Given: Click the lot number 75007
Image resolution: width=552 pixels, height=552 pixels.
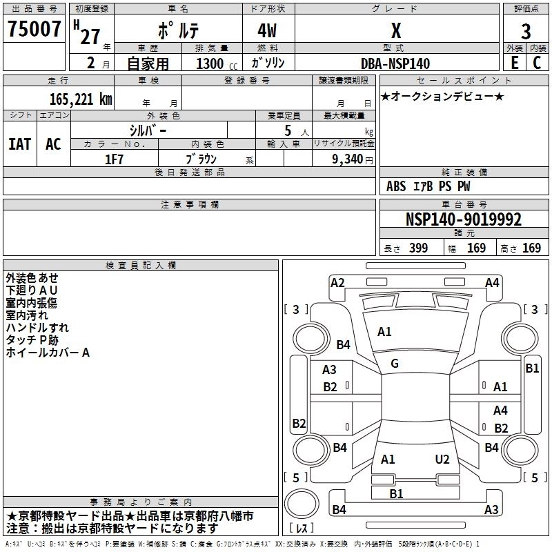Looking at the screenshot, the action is tap(34, 29).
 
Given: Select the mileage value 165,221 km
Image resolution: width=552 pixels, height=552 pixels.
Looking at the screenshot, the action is tap(81, 99).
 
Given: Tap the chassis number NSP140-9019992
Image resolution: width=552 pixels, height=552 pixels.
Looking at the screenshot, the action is tap(464, 219).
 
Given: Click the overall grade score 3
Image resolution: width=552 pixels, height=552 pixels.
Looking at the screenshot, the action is tap(526, 32).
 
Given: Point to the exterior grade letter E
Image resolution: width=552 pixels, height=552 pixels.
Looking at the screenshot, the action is tap(515, 63).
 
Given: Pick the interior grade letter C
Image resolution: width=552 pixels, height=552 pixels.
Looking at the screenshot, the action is tap(537, 63).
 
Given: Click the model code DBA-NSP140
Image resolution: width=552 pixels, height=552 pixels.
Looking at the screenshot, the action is tap(395, 63).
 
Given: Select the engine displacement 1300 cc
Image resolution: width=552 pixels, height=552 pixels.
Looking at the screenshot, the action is tap(217, 63).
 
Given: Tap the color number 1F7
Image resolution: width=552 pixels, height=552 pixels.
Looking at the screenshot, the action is tap(114, 159).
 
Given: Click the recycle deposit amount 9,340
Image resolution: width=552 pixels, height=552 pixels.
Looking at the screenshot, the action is tap(348, 159).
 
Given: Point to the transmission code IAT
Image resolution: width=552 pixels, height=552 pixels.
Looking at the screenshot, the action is tap(20, 144).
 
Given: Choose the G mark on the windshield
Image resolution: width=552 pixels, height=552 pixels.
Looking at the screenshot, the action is tap(395, 364).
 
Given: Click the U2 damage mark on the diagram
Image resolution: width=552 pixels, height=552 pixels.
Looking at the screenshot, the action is tap(442, 460).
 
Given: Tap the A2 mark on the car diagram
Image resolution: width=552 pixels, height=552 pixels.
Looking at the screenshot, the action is tap(337, 283).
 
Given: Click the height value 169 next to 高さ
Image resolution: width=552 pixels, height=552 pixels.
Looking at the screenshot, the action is tap(531, 248).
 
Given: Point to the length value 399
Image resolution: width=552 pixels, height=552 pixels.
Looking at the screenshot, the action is tap(419, 248).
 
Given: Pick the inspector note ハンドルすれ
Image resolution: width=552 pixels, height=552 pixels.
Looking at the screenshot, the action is tap(37, 327).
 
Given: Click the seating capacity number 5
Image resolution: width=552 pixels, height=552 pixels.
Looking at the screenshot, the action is tap(288, 130).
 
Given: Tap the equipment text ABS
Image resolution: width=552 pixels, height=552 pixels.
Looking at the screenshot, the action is tap(396, 186).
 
